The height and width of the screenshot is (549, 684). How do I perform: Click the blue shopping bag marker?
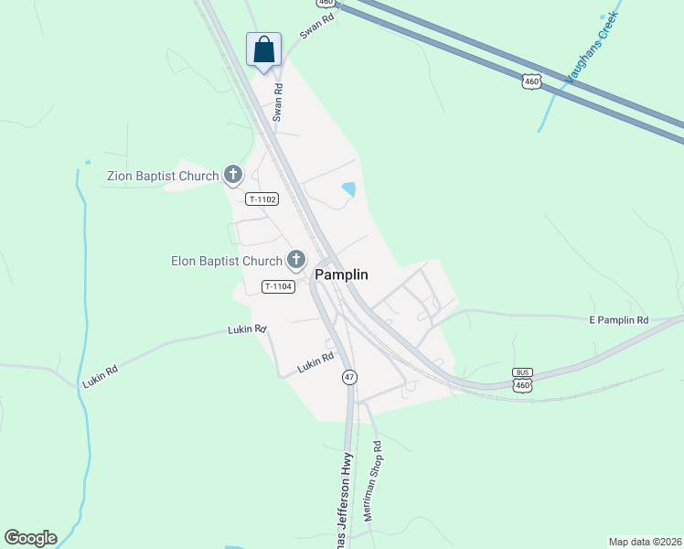tap(263, 49)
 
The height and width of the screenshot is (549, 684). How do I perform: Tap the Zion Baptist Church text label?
tap(163, 176)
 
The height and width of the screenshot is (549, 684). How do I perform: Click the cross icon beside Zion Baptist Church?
tap(233, 174)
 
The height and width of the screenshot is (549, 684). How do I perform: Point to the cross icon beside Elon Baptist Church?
tap(296, 261)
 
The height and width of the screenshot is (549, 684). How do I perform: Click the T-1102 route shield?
tap(262, 199)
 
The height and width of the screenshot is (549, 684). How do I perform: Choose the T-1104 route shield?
tap(278, 286)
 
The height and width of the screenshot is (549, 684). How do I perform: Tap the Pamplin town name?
tap(342, 274)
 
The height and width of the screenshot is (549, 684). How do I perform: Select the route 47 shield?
tap(349, 377)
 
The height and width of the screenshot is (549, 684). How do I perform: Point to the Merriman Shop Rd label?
tap(371, 480)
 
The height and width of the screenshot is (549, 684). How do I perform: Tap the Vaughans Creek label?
tap(592, 48)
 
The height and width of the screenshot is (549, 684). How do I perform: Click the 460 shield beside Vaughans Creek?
tap(532, 81)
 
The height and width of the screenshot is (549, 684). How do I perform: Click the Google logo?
tap(30, 538)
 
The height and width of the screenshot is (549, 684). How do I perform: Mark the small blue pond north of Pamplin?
tap(348, 190)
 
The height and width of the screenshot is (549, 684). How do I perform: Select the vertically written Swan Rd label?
tap(278, 102)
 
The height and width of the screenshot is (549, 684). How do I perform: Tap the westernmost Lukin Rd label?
tap(100, 374)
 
